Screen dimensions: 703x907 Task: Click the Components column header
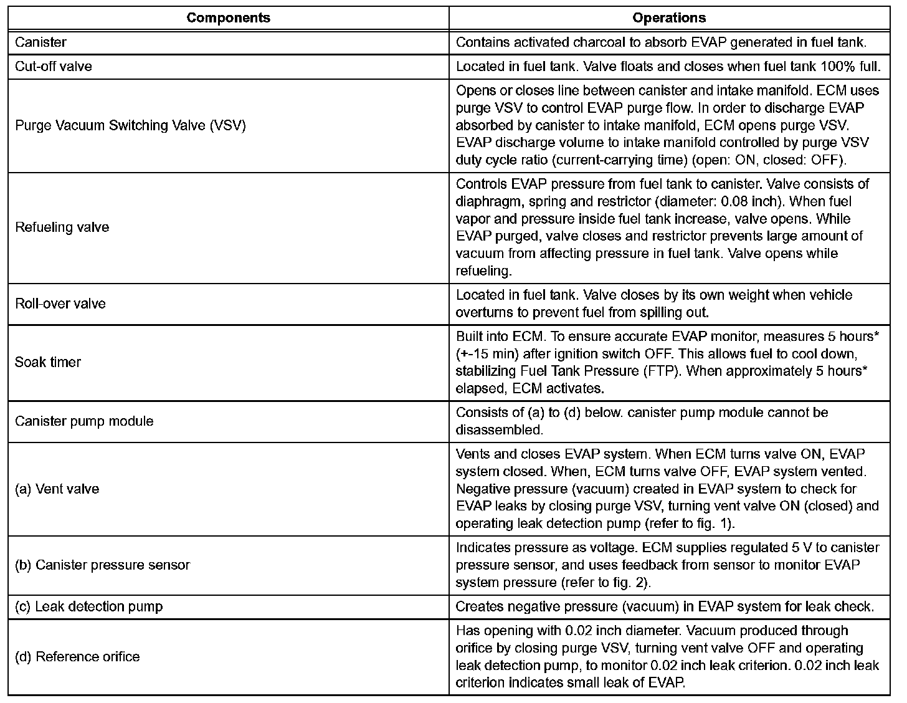point(228,17)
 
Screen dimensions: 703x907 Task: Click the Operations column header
point(669,17)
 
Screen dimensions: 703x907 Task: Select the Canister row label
point(40,42)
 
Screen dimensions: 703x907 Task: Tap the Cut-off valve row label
point(53,66)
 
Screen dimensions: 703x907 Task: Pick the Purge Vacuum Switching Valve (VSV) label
point(130,125)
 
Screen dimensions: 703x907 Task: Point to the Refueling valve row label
point(62,227)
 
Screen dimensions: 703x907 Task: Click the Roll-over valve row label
point(60,304)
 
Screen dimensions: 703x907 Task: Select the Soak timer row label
point(47,362)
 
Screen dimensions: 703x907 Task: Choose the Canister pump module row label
point(83,421)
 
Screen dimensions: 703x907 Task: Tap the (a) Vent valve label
point(57,489)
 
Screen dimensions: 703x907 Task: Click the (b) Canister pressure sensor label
point(102,565)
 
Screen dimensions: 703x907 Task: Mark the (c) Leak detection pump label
point(88,606)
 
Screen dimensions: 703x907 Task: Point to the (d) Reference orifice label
point(77,657)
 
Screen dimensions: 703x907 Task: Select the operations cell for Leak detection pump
point(665,606)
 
